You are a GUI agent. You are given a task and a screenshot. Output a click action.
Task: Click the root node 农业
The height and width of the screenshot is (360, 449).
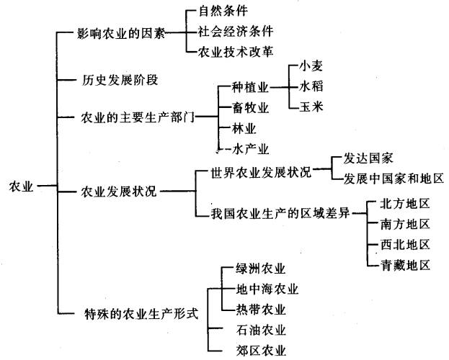(21, 186)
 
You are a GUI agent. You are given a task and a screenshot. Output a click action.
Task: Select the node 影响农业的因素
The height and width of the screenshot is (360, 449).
(121, 34)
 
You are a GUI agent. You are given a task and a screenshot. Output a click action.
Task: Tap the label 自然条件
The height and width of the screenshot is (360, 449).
(223, 12)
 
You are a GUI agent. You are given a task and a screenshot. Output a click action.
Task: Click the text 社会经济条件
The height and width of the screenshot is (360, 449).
(236, 31)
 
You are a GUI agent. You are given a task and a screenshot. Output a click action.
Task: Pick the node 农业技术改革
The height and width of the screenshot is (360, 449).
(236, 52)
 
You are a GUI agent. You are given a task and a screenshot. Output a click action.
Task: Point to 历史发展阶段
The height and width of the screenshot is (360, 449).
(120, 80)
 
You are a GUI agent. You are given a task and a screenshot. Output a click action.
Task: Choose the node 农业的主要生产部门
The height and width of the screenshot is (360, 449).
(138, 117)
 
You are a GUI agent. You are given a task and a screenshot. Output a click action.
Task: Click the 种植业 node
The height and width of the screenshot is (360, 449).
(250, 87)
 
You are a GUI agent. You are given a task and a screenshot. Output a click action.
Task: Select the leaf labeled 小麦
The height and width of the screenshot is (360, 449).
(311, 66)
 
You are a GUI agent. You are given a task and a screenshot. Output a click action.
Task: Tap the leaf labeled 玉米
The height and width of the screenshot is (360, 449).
(311, 107)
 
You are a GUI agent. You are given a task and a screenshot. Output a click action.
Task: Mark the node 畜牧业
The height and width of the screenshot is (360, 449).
(250, 108)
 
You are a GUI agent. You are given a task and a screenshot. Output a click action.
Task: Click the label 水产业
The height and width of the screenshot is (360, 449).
(250, 149)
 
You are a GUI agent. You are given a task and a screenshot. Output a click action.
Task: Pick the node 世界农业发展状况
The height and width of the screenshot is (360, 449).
(261, 172)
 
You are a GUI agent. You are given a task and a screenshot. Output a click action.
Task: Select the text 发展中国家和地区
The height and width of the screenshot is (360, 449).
(394, 179)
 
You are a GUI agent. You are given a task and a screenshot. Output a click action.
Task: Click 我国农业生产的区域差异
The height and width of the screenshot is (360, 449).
(280, 213)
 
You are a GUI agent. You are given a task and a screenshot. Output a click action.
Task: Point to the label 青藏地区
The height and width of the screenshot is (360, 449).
(405, 265)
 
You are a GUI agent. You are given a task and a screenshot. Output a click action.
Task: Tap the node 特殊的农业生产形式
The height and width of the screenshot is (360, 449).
(141, 314)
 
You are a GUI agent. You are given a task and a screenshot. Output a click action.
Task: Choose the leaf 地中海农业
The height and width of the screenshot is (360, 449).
(267, 289)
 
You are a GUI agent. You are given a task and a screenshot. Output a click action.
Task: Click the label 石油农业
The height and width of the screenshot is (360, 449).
(261, 330)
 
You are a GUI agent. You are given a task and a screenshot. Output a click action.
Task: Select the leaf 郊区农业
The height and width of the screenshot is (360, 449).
(261, 351)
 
